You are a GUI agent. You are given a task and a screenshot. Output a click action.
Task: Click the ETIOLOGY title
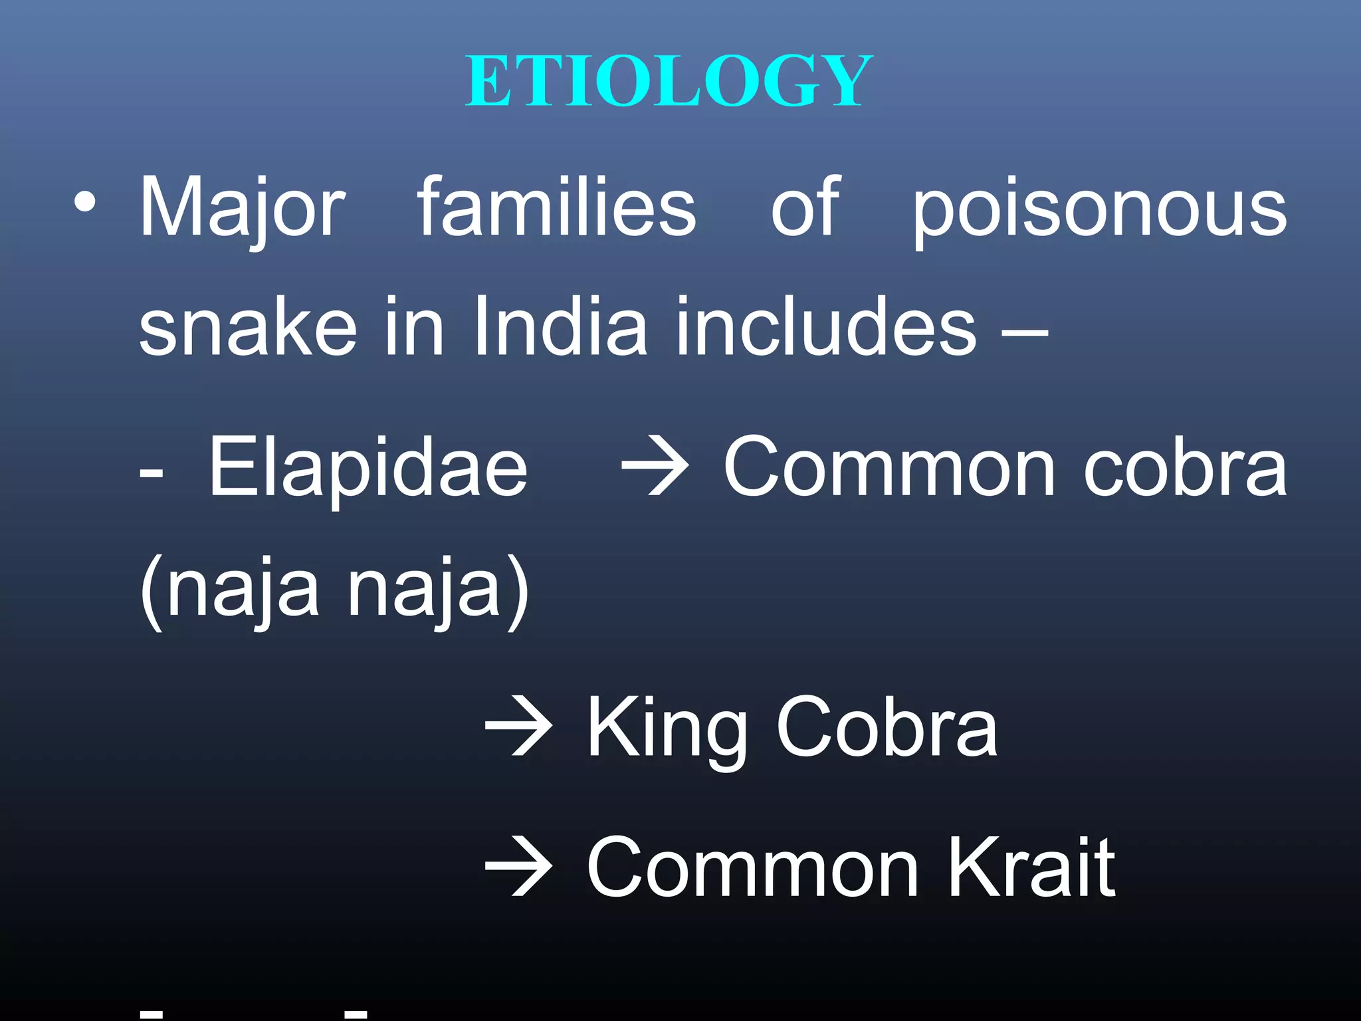point(669,81)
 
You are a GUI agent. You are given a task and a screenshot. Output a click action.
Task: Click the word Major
point(242,208)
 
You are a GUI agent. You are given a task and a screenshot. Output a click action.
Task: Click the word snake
point(247,326)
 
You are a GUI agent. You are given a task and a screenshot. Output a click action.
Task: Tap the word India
point(560,326)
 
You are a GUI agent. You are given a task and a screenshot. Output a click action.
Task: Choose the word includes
point(826,326)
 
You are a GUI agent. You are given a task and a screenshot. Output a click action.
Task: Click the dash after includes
point(1025,331)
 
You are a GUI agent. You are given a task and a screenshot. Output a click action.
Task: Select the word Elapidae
point(368,467)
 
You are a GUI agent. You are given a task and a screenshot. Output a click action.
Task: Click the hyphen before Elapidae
point(152,473)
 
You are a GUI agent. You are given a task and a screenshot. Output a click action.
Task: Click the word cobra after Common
point(1185,467)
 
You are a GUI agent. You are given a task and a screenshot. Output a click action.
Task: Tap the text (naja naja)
point(334,589)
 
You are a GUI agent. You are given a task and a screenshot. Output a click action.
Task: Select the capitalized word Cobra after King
point(887,728)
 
